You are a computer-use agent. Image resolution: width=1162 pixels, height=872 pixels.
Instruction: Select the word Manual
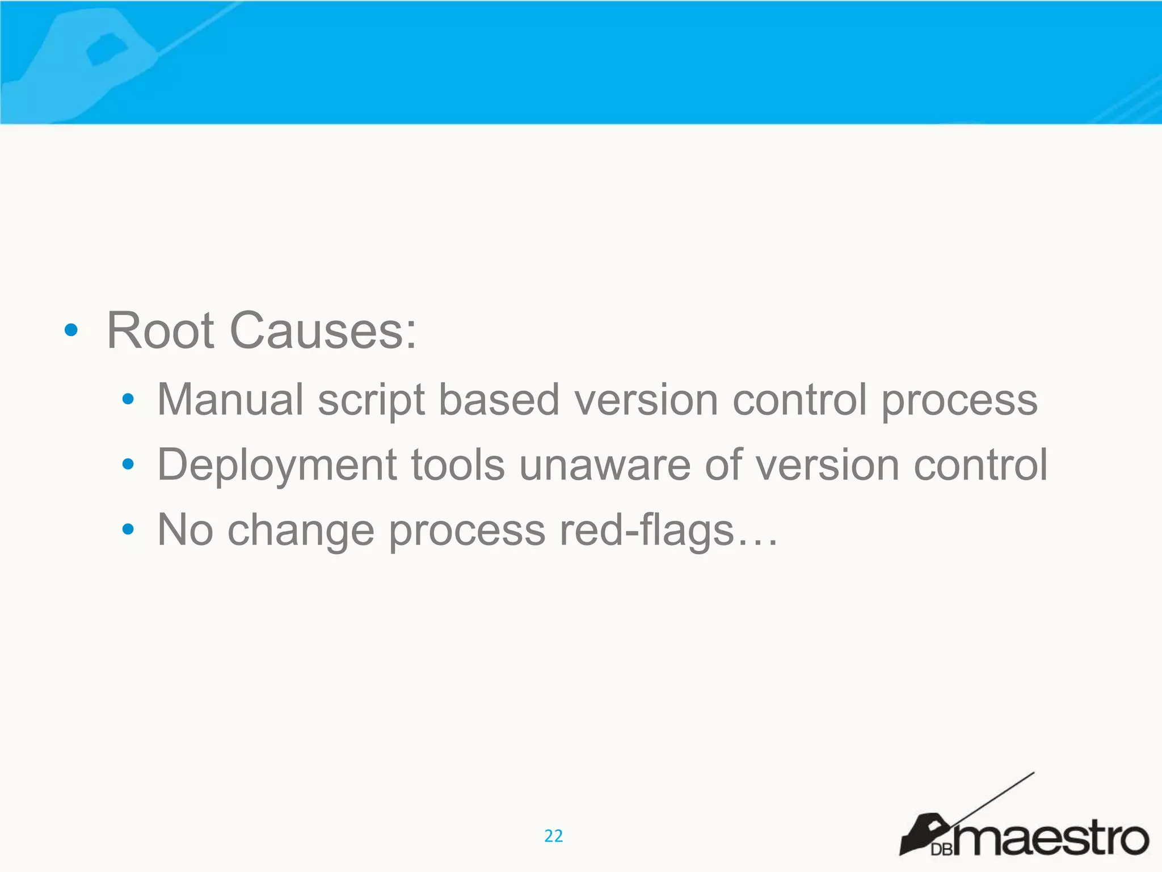230,400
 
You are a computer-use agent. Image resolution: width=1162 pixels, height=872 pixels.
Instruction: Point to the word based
499,400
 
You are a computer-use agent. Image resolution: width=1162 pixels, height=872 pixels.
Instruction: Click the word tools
457,465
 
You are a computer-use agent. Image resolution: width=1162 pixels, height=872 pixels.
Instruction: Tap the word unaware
605,465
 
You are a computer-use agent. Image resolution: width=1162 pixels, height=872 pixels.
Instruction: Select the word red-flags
647,531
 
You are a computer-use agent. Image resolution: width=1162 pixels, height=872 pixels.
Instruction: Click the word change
301,531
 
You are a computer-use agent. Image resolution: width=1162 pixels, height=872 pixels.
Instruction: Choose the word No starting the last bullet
186,530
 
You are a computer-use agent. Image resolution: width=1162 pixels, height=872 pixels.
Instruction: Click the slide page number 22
553,836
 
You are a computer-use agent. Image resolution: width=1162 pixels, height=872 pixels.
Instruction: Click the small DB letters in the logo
941,849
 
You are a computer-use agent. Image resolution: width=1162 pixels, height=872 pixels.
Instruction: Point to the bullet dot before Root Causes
71,330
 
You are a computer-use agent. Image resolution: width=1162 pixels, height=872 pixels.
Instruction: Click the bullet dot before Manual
128,400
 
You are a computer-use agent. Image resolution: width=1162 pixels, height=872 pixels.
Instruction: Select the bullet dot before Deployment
128,465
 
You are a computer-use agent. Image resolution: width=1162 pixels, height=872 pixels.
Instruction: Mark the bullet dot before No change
128,530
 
